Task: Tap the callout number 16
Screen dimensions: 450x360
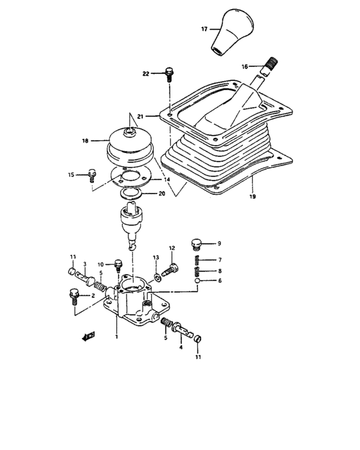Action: point(245,66)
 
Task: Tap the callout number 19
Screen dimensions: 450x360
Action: point(252,197)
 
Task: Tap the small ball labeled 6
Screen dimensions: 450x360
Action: point(199,280)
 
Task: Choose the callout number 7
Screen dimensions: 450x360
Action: point(219,260)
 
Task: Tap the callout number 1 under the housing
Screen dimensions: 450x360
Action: point(116,336)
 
